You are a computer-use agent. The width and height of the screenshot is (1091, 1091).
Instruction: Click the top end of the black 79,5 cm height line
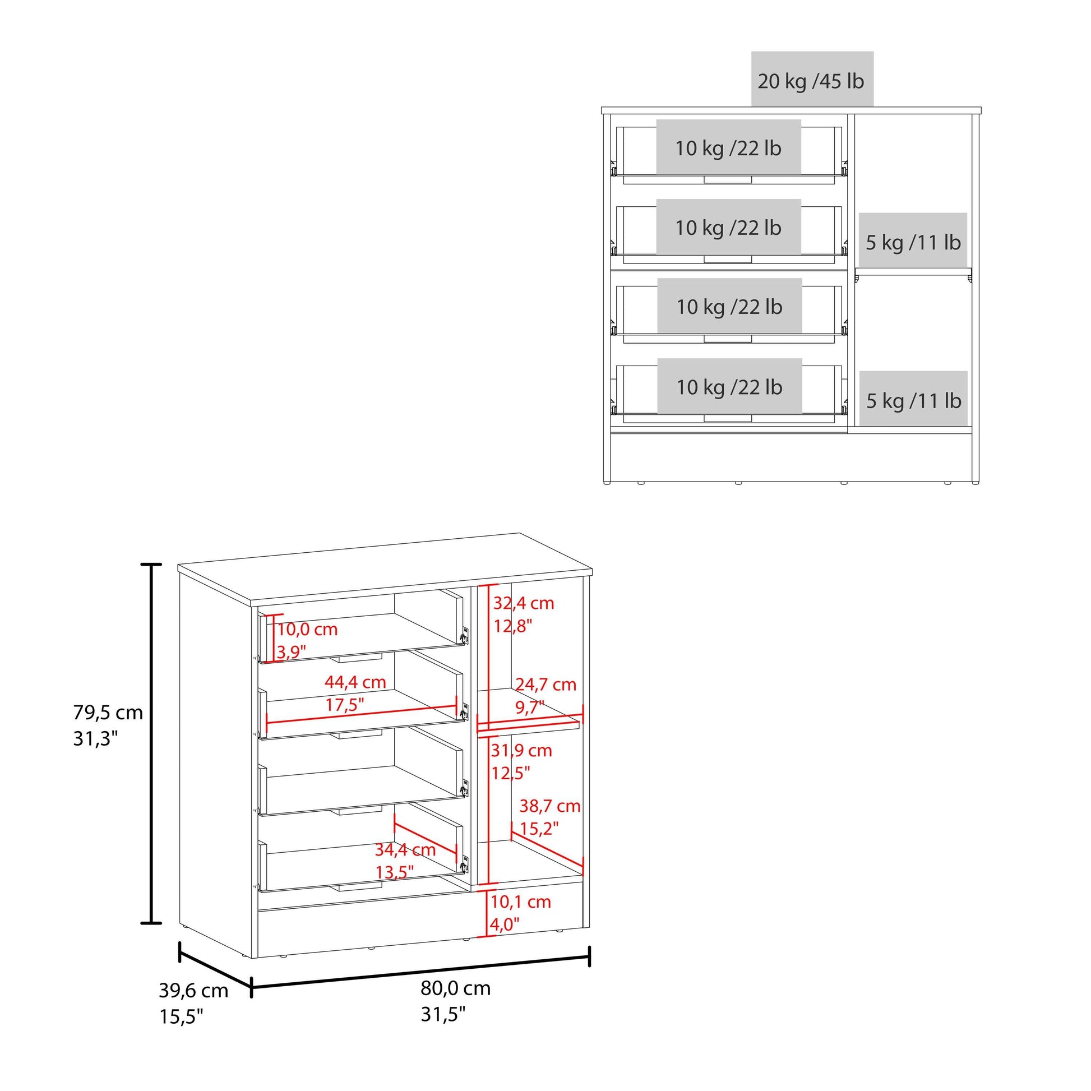click(x=151, y=564)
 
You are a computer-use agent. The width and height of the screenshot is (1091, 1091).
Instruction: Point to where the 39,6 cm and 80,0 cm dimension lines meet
click(x=251, y=987)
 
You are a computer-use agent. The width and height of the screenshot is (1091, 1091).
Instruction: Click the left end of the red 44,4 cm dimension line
click(x=266, y=722)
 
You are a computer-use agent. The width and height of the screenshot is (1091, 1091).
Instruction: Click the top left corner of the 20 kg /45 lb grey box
click(x=751, y=52)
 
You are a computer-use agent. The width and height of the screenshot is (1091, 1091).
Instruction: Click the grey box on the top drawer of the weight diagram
click(x=728, y=147)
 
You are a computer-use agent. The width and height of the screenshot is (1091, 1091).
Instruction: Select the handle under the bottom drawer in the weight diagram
click(x=728, y=418)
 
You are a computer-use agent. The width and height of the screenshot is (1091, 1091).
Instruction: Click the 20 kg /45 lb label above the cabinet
click(x=811, y=81)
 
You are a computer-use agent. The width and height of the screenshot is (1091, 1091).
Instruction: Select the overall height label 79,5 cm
click(x=108, y=713)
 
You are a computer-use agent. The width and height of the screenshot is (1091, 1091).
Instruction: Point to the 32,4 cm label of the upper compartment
click(x=524, y=603)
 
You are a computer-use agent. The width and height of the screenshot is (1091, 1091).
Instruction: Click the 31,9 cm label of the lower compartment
click(x=521, y=751)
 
